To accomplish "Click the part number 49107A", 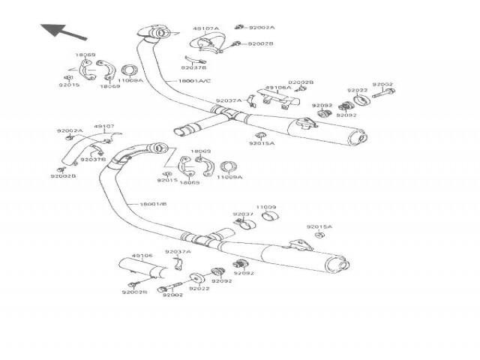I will [x=205, y=28].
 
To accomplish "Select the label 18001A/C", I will [x=194, y=80].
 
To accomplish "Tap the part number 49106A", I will [x=278, y=88].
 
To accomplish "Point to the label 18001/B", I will [x=152, y=203].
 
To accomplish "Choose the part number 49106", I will [x=142, y=256].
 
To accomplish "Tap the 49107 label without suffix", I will [x=104, y=127].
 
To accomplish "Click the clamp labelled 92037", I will [x=244, y=223].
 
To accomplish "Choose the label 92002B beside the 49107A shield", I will [x=261, y=44].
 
